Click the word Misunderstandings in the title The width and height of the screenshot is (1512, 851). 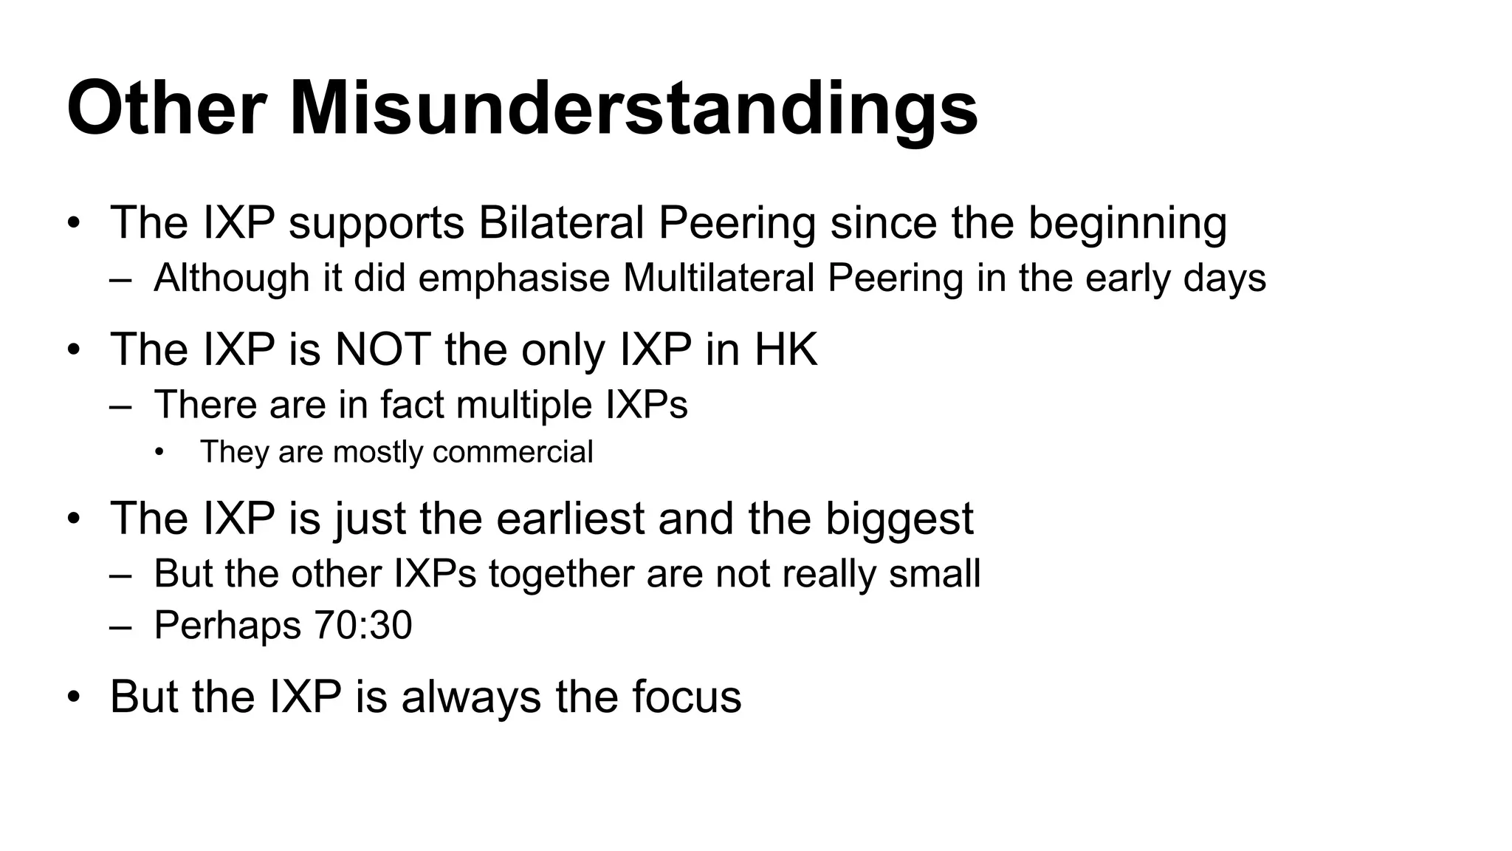pyautogui.click(x=633, y=109)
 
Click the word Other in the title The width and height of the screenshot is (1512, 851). pyautogui.click(x=166, y=109)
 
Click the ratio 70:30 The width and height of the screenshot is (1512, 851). pyautogui.click(x=362, y=625)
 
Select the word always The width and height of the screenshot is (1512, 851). pyautogui.click(x=471, y=696)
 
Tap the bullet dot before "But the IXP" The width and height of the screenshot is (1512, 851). pyautogui.click(x=72, y=697)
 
